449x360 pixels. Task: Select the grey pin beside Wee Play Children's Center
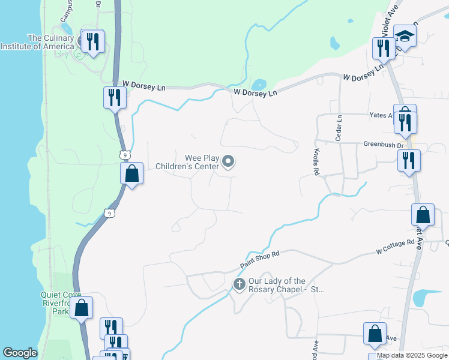click(x=228, y=161)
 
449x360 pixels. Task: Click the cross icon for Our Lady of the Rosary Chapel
click(x=239, y=283)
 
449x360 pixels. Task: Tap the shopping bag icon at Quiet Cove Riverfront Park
click(x=82, y=308)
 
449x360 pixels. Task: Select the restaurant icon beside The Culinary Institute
click(x=92, y=41)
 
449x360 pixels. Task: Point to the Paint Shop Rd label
click(x=260, y=259)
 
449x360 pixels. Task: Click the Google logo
click(x=20, y=353)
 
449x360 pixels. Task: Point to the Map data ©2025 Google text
click(x=412, y=355)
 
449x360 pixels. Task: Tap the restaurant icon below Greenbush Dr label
click(x=409, y=161)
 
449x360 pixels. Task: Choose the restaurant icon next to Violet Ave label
click(x=384, y=48)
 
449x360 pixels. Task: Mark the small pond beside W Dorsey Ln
click(x=259, y=85)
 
